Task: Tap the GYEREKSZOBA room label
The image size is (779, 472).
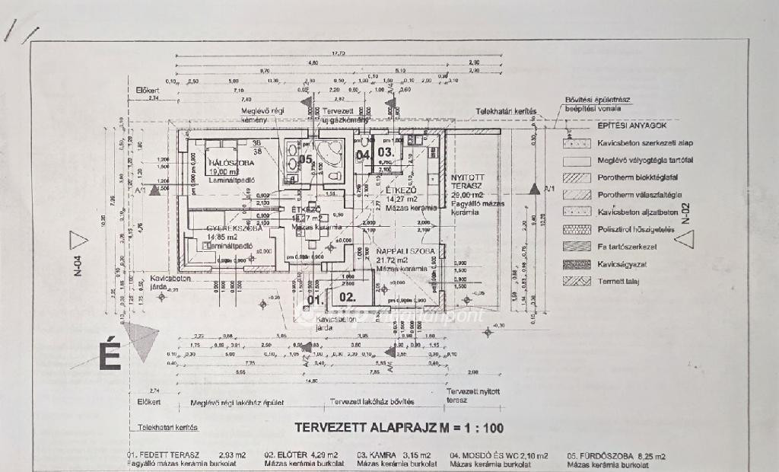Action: tap(233, 228)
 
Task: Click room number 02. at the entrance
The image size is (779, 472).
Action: tap(347, 297)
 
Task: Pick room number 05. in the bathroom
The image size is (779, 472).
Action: tap(306, 160)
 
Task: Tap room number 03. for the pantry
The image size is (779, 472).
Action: tap(386, 151)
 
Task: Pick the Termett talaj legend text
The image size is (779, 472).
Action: tap(618, 281)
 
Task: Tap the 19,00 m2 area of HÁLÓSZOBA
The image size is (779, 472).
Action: tap(221, 172)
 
